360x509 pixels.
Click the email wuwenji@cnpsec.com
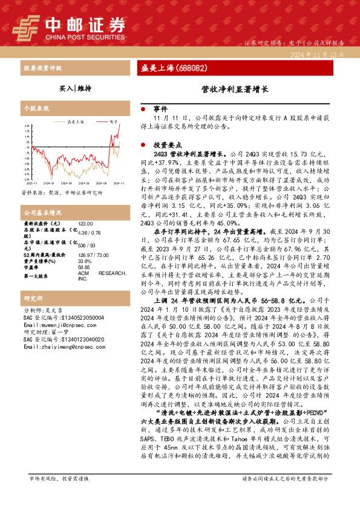point(56,324)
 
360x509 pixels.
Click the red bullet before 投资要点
point(143,145)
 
